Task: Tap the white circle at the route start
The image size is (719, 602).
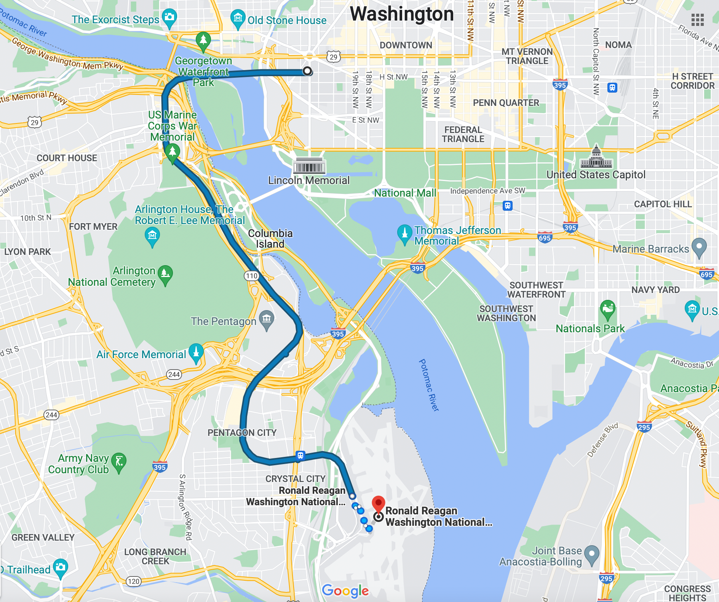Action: click(x=307, y=71)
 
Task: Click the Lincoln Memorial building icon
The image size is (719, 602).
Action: click(x=309, y=166)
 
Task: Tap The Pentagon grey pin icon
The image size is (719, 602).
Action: click(x=267, y=319)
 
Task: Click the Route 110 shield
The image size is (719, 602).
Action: click(x=251, y=276)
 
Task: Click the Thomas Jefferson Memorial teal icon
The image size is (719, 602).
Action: click(x=404, y=233)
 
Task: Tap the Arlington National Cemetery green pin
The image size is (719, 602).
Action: click(x=165, y=274)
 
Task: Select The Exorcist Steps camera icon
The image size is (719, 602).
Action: click(x=169, y=18)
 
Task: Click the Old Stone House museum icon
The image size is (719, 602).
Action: click(x=238, y=18)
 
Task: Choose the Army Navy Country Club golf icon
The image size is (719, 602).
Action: click(x=119, y=462)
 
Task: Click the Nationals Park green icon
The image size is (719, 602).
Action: click(x=607, y=309)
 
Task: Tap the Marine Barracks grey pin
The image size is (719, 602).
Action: click(x=699, y=247)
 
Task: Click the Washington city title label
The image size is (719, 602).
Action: click(x=402, y=14)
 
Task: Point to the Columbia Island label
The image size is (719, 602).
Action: click(x=270, y=239)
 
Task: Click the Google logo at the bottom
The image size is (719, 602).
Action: click(x=345, y=591)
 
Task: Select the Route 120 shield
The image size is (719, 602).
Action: click(x=134, y=581)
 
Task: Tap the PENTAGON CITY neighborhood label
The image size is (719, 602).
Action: click(x=242, y=432)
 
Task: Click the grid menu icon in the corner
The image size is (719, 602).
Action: click(x=697, y=20)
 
